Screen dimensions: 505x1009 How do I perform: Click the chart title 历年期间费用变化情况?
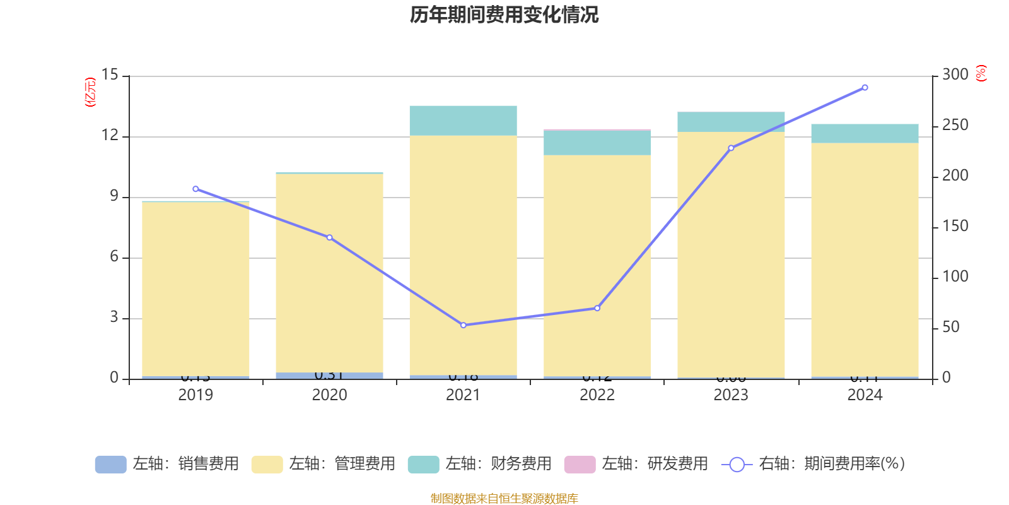(504, 15)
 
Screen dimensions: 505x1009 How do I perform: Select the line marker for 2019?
(195, 189)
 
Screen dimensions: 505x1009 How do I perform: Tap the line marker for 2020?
(329, 237)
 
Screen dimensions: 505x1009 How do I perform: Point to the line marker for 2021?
(464, 325)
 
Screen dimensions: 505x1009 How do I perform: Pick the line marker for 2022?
(597, 308)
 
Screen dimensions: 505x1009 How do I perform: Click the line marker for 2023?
(731, 148)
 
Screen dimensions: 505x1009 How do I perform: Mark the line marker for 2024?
(865, 88)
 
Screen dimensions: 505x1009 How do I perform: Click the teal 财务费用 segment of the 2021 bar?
(464, 121)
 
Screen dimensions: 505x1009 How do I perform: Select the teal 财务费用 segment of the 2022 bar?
(597, 143)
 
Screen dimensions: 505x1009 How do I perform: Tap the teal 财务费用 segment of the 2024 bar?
(865, 133)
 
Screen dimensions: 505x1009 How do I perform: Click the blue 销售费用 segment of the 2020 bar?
(329, 376)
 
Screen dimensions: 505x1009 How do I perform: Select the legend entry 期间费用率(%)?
(813, 464)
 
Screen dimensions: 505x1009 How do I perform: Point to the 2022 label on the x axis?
(597, 395)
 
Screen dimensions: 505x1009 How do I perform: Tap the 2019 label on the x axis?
(195, 395)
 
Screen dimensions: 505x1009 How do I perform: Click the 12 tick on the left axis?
(110, 135)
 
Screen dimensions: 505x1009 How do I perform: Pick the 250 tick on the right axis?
(955, 125)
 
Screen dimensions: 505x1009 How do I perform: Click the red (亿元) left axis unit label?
(90, 92)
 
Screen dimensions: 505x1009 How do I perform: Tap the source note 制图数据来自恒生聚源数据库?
(504, 499)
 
